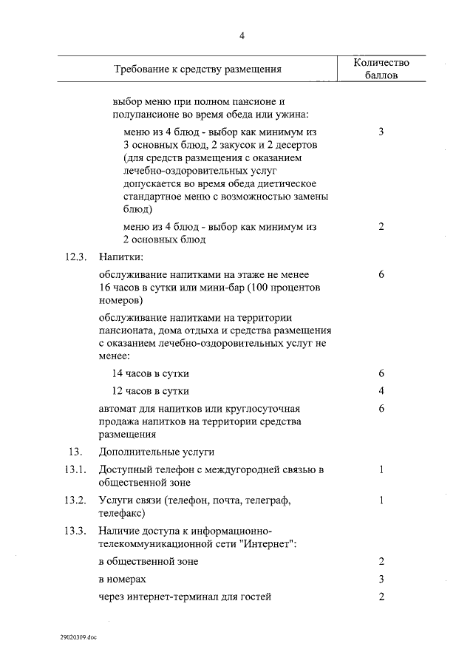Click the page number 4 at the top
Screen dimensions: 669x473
(x=241, y=36)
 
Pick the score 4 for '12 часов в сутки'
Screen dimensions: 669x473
(x=381, y=390)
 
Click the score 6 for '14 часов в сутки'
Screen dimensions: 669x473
(x=381, y=373)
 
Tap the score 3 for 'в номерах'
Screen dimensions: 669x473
(x=381, y=579)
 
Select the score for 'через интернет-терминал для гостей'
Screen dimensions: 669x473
(x=381, y=597)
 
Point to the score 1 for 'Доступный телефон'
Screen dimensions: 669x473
(x=381, y=469)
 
